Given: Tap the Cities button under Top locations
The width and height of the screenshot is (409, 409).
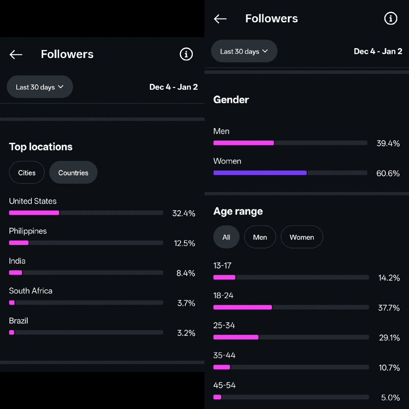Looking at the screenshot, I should (x=27, y=173).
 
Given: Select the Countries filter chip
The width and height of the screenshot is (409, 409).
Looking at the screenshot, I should (x=73, y=173).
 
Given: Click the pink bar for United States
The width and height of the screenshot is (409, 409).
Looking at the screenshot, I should (x=34, y=213).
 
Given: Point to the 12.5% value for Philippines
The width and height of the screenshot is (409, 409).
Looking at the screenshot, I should (x=184, y=243).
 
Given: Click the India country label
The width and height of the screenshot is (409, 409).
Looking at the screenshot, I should (x=17, y=261).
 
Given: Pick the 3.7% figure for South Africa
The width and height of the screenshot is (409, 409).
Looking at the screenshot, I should (x=186, y=303).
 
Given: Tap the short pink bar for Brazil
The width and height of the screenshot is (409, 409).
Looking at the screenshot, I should (x=12, y=333).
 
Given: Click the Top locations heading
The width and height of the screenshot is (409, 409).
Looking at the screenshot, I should (x=41, y=147).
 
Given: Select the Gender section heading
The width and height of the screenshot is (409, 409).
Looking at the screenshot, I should (x=231, y=100).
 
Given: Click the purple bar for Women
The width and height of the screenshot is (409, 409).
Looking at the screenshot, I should (x=260, y=173).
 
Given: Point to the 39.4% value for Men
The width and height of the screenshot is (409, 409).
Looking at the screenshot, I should (x=388, y=143).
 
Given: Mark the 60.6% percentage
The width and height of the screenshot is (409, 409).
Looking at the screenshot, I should (x=388, y=173).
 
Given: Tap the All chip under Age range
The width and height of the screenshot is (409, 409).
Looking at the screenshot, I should (x=226, y=237).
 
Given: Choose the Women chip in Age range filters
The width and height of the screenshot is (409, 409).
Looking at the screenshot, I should (x=301, y=237).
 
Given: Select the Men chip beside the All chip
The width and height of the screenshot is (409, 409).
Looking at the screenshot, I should (x=260, y=237).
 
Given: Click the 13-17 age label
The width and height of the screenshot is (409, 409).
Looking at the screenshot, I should (x=222, y=265).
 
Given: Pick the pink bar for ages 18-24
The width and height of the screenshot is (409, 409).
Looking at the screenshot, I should (x=242, y=307).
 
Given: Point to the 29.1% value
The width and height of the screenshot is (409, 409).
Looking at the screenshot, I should (x=389, y=337).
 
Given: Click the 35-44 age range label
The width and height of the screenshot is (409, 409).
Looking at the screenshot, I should (x=224, y=355).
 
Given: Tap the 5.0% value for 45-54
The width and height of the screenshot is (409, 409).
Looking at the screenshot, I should (x=390, y=397).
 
